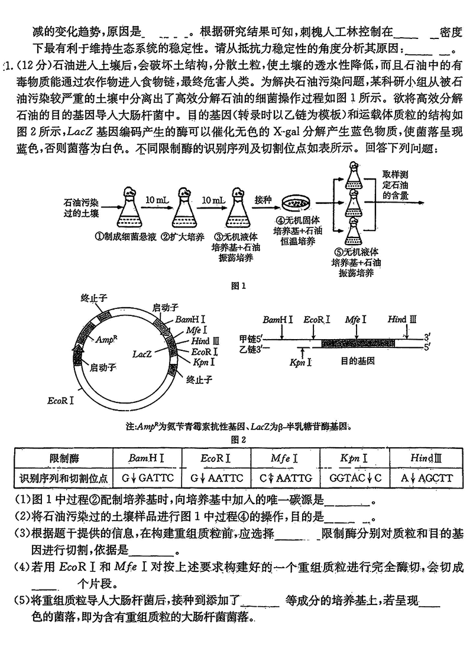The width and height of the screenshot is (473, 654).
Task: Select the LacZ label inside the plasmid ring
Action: click(x=142, y=354)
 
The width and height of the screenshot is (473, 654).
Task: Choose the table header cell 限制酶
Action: click(x=63, y=458)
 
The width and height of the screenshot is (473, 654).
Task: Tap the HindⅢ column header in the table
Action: click(x=422, y=458)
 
